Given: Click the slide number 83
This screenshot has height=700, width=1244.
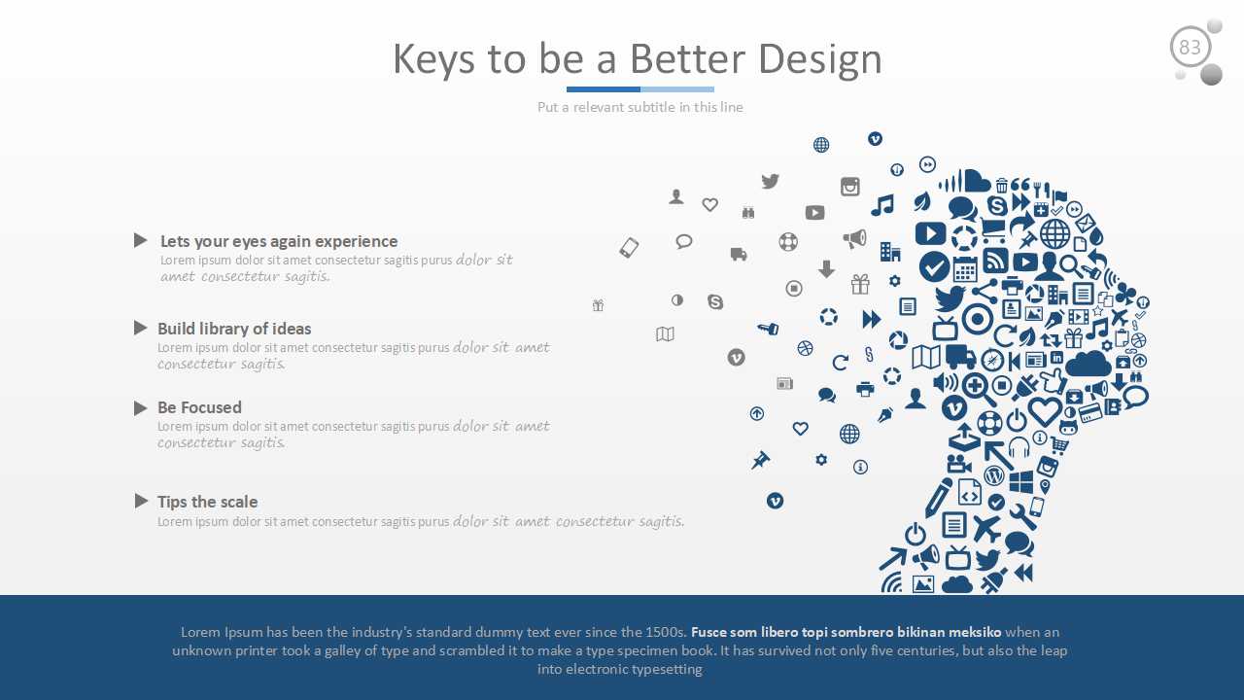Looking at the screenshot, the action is tap(1190, 48).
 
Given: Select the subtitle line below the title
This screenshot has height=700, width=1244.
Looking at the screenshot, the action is tap(639, 107).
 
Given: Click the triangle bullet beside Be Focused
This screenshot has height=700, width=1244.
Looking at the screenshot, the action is tap(141, 408).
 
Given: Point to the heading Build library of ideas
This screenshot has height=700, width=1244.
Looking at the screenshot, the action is tap(234, 329).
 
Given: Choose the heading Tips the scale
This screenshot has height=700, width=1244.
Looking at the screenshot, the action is tap(208, 502).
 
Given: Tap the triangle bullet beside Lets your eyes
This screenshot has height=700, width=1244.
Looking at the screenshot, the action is tap(141, 240).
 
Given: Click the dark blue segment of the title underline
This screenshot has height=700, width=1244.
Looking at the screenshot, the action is tap(604, 88).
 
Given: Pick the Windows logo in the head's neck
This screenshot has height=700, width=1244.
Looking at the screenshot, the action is tap(1020, 482).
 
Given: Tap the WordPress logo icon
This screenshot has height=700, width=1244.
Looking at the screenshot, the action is tap(994, 475).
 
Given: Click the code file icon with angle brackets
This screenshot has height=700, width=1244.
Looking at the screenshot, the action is tap(970, 493).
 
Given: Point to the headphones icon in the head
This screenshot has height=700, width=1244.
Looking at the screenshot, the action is tap(1019, 446).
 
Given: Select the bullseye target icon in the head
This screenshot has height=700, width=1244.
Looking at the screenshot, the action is tap(977, 320).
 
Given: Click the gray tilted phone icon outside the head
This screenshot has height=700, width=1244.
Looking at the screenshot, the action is tap(629, 248).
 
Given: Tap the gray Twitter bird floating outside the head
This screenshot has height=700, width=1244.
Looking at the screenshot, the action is tap(771, 181).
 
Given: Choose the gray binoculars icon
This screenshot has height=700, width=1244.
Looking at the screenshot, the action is tap(748, 212).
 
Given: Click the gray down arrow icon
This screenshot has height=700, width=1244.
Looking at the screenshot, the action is tap(826, 269).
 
